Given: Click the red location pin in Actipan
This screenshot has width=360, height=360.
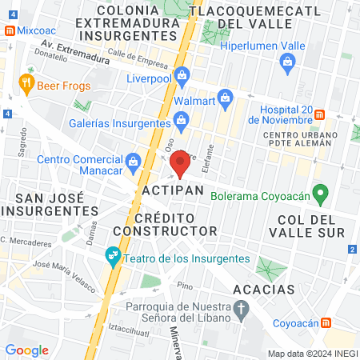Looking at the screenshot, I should (180, 162).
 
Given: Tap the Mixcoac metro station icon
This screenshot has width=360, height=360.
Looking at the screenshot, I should (9, 30).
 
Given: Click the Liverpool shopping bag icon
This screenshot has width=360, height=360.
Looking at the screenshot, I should (182, 76).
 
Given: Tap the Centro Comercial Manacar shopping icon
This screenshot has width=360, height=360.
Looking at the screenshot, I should (133, 161).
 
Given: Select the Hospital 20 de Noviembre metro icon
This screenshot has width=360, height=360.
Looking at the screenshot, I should (318, 114).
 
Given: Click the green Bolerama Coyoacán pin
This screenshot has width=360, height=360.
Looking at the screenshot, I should (322, 193).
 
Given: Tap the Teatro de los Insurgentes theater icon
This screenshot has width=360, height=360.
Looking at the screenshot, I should (113, 256).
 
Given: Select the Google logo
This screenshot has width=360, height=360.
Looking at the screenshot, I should (26, 350).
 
